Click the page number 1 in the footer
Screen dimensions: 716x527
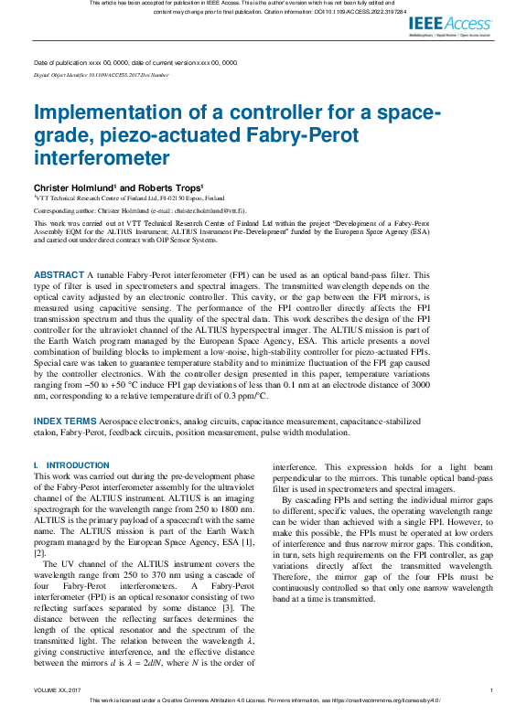point(491,690)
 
